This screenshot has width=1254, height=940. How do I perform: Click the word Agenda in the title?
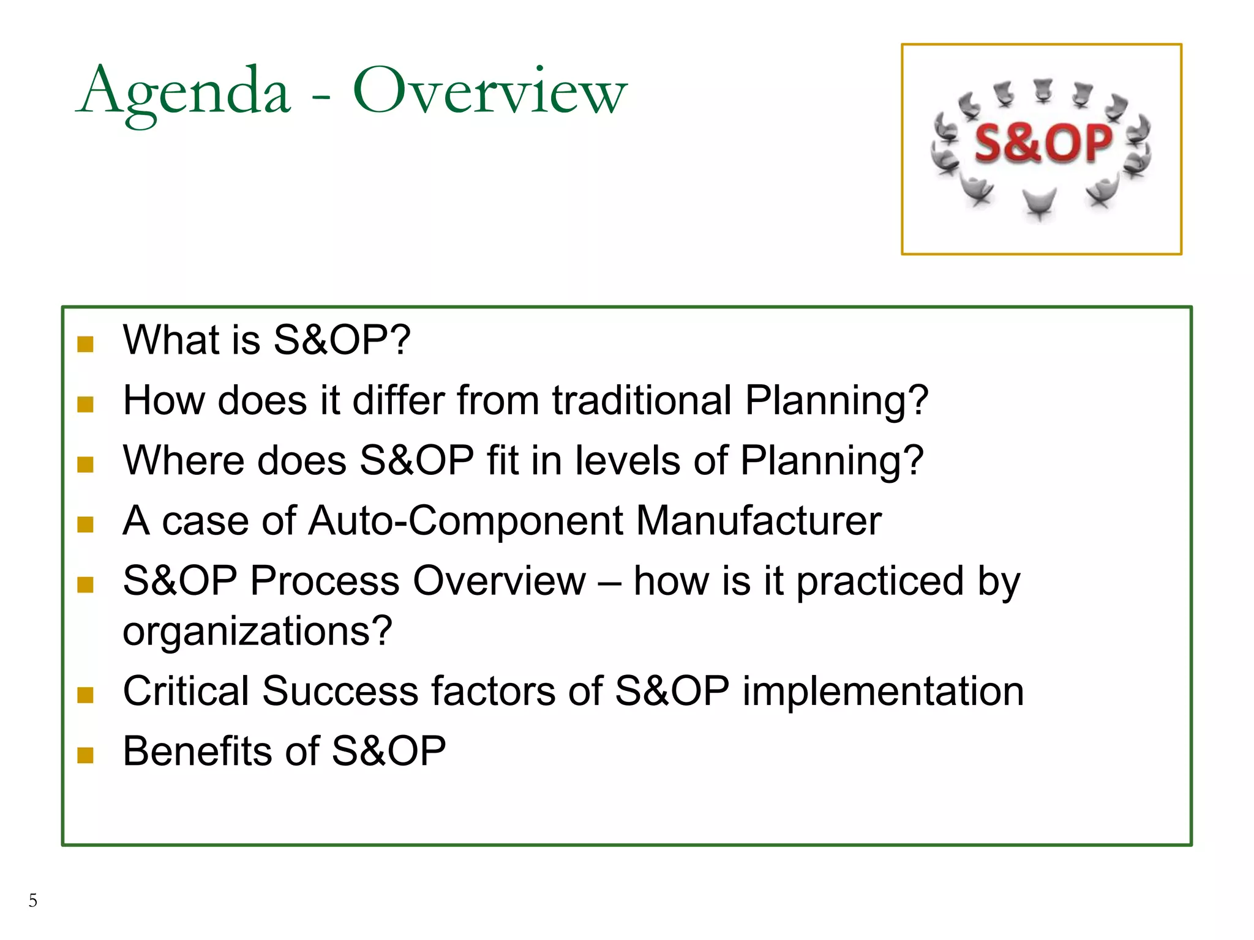pyautogui.click(x=184, y=92)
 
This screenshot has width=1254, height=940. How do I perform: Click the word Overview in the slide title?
pyautogui.click(x=490, y=92)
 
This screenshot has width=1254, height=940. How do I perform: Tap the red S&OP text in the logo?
pyautogui.click(x=1043, y=144)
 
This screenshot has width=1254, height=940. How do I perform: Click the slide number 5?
pyautogui.click(x=33, y=900)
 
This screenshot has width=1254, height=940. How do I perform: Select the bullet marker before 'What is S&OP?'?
pyautogui.click(x=85, y=344)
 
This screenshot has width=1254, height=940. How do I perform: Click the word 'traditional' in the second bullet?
pyautogui.click(x=642, y=401)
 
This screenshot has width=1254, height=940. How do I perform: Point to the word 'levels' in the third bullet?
pyautogui.click(x=628, y=461)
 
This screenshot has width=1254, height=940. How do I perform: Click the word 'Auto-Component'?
pyautogui.click(x=465, y=521)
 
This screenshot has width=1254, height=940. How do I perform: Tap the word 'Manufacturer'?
pyautogui.click(x=759, y=521)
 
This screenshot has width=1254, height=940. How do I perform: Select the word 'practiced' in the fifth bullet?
pyautogui.click(x=880, y=581)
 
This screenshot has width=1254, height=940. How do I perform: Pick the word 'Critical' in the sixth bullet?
pyautogui.click(x=186, y=692)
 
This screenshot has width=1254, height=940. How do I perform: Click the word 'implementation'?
pyautogui.click(x=883, y=692)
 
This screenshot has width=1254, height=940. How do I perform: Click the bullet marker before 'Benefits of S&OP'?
pyautogui.click(x=85, y=755)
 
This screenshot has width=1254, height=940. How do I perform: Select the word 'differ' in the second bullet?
pyautogui.click(x=399, y=401)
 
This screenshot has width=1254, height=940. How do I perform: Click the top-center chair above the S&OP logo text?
pyautogui.click(x=1043, y=91)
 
